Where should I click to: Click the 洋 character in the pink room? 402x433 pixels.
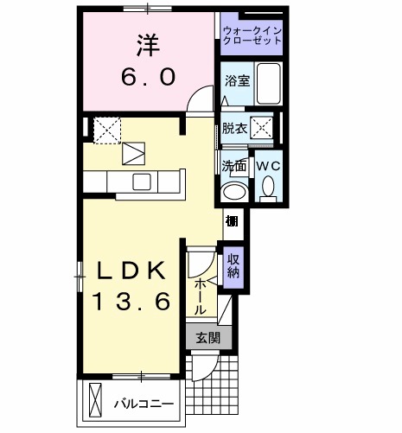[145, 43]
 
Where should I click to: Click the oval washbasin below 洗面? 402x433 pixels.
[233, 192]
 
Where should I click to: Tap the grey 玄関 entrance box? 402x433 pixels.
[207, 338]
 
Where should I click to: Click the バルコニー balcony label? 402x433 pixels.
[144, 404]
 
